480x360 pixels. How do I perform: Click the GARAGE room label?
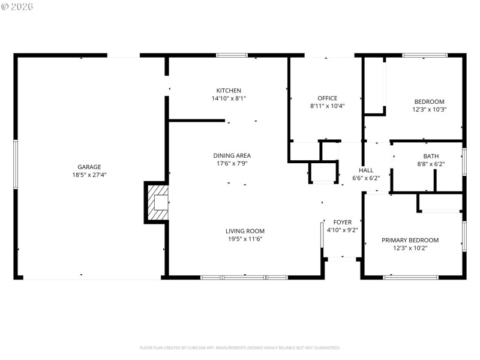click(x=89, y=167)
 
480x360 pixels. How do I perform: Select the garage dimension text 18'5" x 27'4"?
click(x=89, y=175)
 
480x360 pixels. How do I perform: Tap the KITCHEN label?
click(x=229, y=91)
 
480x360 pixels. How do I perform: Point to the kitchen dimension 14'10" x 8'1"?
click(x=229, y=98)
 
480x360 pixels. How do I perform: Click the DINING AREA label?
click(x=227, y=155)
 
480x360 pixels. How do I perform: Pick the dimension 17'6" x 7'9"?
click(x=227, y=163)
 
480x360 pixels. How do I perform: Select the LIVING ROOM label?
click(x=245, y=231)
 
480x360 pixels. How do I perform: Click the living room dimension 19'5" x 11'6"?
click(x=245, y=239)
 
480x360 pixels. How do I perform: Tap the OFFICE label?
click(x=327, y=98)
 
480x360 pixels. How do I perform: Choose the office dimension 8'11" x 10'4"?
click(x=327, y=106)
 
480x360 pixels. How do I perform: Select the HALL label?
click(x=366, y=170)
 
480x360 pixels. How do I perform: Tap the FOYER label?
click(x=343, y=222)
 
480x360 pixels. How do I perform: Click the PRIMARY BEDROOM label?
click(x=410, y=240)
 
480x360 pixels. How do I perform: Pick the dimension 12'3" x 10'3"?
click(x=429, y=110)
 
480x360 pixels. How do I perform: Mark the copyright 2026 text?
click(x=18, y=6)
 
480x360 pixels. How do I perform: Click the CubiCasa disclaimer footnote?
click(x=240, y=347)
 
